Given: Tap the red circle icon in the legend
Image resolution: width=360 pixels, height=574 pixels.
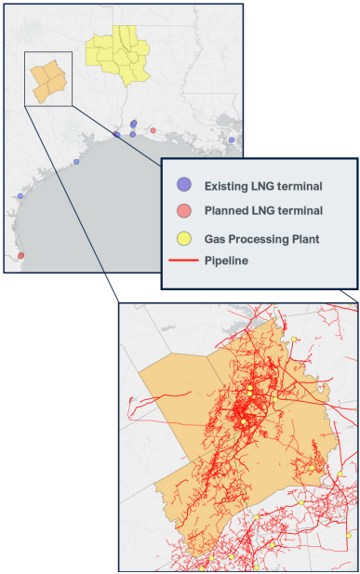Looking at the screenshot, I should [184, 211].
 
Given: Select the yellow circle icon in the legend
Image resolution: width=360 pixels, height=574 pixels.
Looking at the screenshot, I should [184, 237].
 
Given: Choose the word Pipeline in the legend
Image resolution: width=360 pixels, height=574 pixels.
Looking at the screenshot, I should [226, 260].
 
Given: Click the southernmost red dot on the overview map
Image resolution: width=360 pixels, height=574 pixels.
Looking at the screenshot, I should [20, 256].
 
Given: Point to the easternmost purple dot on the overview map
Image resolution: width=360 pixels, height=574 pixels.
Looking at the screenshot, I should [232, 140].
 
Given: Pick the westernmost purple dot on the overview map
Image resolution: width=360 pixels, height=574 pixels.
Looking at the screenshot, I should [20, 196].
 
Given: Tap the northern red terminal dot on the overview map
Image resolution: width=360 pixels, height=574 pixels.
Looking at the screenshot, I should [153, 129].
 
